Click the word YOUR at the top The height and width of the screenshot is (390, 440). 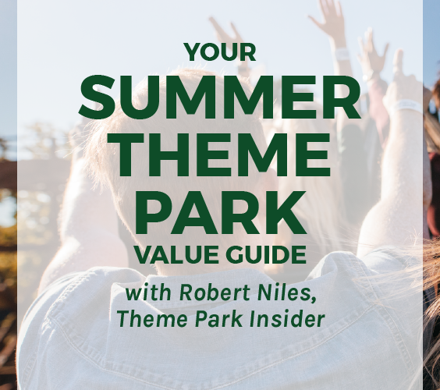220,52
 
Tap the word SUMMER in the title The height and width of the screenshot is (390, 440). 219,97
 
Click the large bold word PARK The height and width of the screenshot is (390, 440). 220,212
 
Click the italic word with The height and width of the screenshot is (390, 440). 148,292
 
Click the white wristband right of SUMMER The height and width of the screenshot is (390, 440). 407,106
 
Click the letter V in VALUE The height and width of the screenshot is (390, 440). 144,254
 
